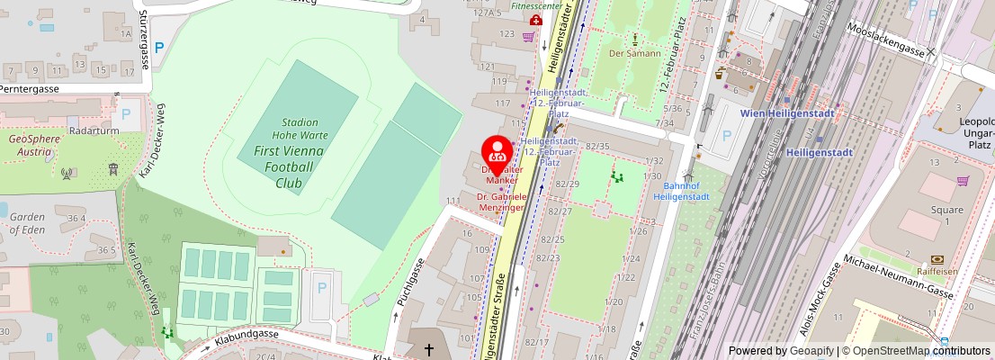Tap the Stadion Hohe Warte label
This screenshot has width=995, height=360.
click(x=300, y=129)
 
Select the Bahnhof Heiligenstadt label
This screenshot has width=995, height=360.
click(x=681, y=191)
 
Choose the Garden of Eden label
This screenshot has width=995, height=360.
click(x=27, y=222)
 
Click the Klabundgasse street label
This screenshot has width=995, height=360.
click(x=247, y=336)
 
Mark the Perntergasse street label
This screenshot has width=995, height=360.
click(x=30, y=89)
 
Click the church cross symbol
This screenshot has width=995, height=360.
click(x=429, y=348)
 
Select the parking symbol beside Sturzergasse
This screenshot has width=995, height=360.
click(x=159, y=48)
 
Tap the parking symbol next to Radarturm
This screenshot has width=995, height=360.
click(x=126, y=114)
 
